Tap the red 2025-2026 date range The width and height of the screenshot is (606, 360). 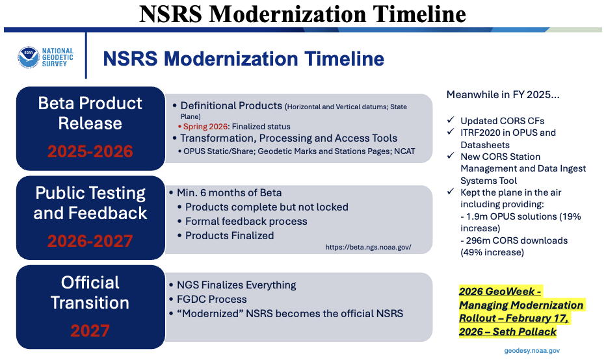[x=90, y=151]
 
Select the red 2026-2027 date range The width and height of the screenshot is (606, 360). [x=90, y=241]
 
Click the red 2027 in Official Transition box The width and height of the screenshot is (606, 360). [x=90, y=331]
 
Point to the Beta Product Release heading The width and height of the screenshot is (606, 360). [x=90, y=113]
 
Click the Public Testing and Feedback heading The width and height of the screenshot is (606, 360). [x=90, y=203]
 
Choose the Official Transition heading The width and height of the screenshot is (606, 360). [x=90, y=292]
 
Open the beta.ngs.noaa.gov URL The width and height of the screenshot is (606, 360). [x=368, y=248]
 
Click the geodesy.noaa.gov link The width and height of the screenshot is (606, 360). [x=531, y=350]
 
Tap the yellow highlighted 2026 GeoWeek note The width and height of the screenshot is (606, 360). [x=521, y=311]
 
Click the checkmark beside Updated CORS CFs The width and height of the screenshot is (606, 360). [x=451, y=121]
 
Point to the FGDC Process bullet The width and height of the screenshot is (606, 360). [x=211, y=300]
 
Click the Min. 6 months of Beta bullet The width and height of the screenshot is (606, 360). [x=229, y=193]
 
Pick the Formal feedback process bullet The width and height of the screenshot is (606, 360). [x=246, y=222]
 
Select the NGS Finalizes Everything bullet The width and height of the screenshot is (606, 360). [x=236, y=285]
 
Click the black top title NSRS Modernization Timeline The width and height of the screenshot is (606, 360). [x=302, y=14]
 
